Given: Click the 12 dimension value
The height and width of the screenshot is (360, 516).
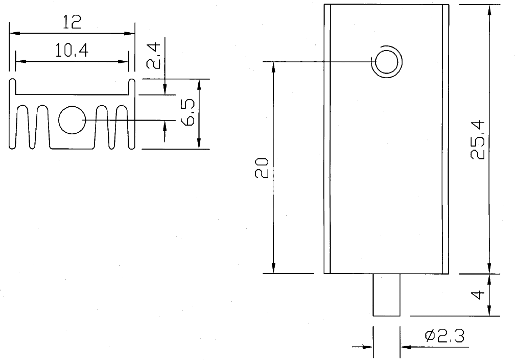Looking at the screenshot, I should pyautogui.click(x=72, y=22).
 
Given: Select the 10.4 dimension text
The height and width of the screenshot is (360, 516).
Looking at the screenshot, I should pyautogui.click(x=72, y=50).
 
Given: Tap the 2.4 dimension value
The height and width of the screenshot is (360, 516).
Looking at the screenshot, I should pyautogui.click(x=153, y=56).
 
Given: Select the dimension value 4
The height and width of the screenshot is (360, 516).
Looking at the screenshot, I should pyautogui.click(x=477, y=295).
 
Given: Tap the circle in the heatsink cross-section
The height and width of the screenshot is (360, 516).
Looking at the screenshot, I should pyautogui.click(x=72, y=120).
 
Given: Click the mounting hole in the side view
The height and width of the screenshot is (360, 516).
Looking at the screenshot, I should pyautogui.click(x=386, y=62).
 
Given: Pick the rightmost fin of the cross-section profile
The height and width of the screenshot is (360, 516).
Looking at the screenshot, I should pyautogui.click(x=132, y=115).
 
